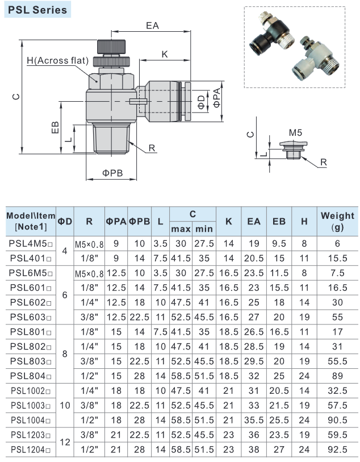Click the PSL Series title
tap(38, 10)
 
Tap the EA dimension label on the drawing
tap(152, 26)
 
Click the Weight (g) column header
tap(337, 222)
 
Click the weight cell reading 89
tap(337, 377)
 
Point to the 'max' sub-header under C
tap(180, 229)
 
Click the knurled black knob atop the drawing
tap(111, 46)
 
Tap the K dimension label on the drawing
tap(165, 54)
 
